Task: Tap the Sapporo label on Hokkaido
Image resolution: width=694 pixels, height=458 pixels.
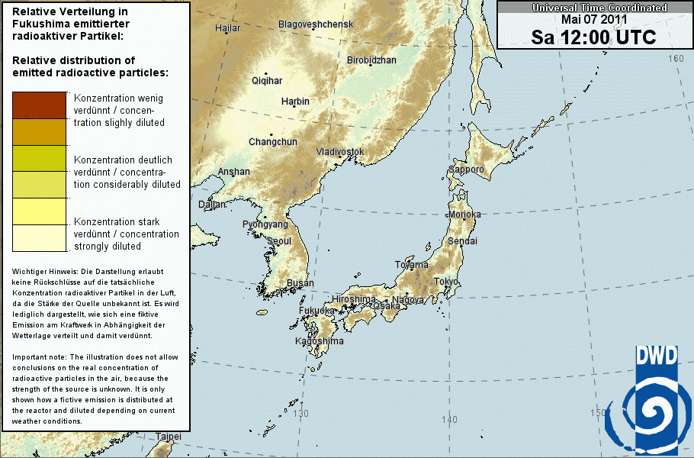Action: (466, 169)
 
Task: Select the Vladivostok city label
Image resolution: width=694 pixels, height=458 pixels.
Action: (340, 152)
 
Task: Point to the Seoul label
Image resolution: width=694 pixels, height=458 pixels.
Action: (279, 241)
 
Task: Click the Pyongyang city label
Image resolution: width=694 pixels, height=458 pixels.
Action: (265, 224)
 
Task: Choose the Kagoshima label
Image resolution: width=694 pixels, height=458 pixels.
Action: (320, 341)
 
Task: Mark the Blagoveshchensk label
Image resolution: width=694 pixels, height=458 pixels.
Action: (316, 24)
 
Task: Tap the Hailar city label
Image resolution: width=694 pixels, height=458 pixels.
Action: (227, 28)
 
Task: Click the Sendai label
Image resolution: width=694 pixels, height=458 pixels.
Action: (462, 240)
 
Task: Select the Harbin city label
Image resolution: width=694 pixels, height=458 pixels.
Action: (295, 102)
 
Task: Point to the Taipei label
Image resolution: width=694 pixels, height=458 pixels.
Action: (168, 437)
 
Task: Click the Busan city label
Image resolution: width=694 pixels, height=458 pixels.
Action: (300, 283)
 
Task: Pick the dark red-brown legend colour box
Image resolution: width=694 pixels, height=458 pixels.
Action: (40, 105)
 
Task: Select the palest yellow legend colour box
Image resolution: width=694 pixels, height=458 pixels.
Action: (40, 239)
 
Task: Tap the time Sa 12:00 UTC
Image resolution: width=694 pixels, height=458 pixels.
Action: (593, 37)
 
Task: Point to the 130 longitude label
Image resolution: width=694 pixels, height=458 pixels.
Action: (301, 414)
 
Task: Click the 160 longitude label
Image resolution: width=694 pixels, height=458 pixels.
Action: (676, 59)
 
